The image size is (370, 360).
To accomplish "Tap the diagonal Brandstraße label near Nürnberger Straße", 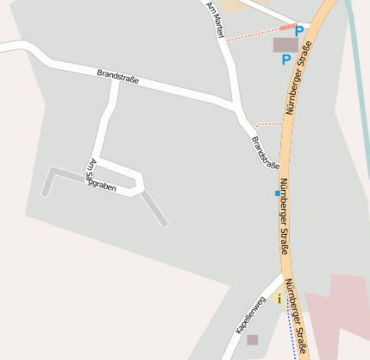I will [x=266, y=153].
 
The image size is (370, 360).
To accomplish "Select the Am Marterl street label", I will [x=215, y=17].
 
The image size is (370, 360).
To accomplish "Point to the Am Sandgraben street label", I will [x=102, y=175].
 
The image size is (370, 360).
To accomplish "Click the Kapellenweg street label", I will [x=250, y=316].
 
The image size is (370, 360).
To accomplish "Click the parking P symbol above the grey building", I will [x=299, y=31].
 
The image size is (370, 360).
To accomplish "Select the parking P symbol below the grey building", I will [x=285, y=60].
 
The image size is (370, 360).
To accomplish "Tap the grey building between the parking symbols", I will [x=285, y=44].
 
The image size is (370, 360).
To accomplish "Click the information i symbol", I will [x=279, y=298].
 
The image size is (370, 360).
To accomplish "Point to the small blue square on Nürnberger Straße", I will [x=277, y=193].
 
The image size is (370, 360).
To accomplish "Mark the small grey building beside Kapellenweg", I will [x=252, y=340].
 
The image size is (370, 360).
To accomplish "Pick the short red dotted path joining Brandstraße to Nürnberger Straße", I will [x=268, y=124].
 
